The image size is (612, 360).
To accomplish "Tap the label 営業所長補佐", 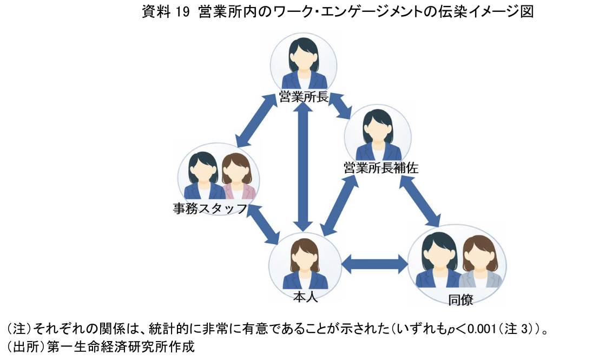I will tap(381, 168).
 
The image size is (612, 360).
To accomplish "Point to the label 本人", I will tap(305, 296).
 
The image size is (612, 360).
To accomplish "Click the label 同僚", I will tap(460, 300).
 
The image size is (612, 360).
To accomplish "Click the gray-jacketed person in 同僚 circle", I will tap(481, 264).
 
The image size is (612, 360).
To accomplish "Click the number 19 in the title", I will tap(183, 12).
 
